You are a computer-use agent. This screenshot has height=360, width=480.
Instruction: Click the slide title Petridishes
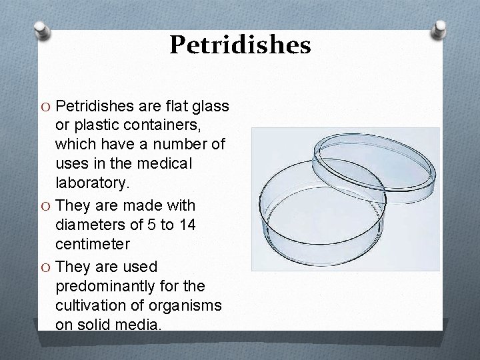pos(240,45)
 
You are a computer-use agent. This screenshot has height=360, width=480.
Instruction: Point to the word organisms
pos(194,305)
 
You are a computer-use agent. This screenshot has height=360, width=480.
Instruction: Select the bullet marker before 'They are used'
pos(45,267)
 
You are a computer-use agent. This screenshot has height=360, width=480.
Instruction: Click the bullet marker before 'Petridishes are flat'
pos(45,107)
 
